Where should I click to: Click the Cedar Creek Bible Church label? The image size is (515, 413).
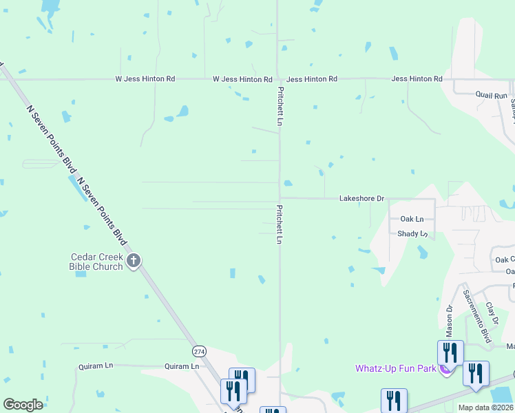pos(96,262)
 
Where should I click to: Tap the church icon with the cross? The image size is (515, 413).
pos(134,261)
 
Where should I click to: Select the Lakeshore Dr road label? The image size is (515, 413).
pos(361,198)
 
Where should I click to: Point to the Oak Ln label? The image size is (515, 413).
pos(417,219)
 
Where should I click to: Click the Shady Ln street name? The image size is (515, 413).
pos(412,234)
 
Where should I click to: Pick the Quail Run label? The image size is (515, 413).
pos(491,95)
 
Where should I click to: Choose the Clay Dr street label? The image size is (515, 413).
pos(492,313)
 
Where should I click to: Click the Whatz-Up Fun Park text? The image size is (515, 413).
pos(395,368)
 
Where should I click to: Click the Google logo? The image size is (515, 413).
pos(23,405)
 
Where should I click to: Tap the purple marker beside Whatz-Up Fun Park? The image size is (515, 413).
pos(445,370)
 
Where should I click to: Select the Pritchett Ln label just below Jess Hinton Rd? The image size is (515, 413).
pos(280,105)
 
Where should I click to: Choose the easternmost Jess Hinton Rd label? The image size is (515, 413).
pos(417,79)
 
